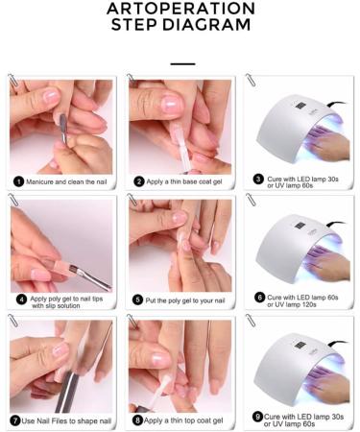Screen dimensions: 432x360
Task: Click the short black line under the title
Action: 180,63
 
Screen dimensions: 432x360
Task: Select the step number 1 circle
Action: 18,180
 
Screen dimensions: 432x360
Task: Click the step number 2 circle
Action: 138,180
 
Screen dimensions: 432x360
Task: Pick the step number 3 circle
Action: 257,179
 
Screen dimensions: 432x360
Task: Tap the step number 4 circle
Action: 18,300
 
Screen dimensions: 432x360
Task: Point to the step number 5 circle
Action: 138,300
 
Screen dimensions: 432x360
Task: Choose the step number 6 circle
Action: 257,298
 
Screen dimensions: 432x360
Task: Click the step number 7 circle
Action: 16,420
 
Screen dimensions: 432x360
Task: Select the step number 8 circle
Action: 138,420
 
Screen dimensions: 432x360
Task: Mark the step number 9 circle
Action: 257,417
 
